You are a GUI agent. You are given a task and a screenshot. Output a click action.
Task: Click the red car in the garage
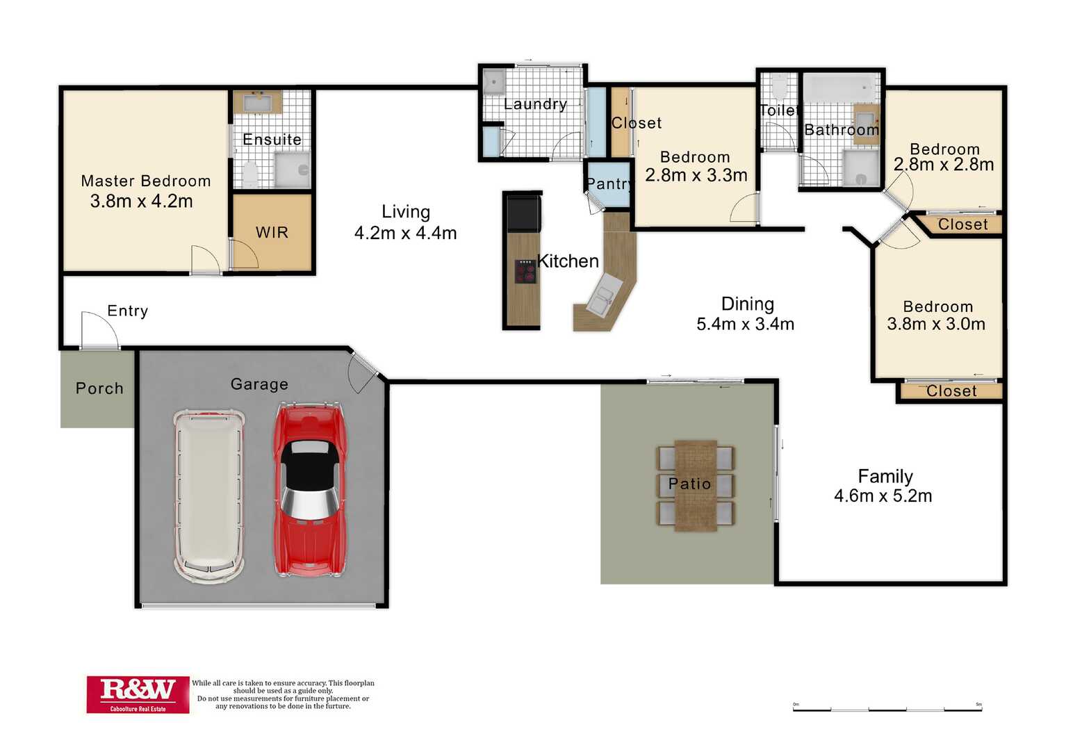(x=310, y=491)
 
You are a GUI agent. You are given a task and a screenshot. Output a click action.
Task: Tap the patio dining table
(x=696, y=486)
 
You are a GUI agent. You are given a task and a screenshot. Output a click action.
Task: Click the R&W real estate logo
(x=138, y=694)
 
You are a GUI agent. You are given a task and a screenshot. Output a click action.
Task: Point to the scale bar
(x=887, y=710)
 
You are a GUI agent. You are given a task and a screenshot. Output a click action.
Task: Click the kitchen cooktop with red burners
(x=526, y=271)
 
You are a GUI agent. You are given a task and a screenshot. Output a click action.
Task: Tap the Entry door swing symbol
(x=99, y=330)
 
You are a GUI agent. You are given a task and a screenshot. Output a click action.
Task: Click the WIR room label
(x=272, y=232)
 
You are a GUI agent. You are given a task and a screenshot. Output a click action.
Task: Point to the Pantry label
(x=609, y=183)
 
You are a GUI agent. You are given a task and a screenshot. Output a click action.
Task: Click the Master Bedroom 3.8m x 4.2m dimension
(x=141, y=202)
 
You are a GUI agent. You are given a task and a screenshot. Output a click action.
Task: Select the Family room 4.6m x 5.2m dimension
(x=883, y=496)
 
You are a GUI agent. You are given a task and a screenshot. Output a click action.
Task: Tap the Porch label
(x=99, y=388)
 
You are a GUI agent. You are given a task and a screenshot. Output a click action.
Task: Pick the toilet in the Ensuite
(x=250, y=174)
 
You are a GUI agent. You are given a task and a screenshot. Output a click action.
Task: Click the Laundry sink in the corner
(x=494, y=83)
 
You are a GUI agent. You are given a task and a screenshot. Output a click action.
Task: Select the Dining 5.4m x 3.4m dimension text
(x=745, y=324)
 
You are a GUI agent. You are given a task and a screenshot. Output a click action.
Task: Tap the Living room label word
(x=406, y=212)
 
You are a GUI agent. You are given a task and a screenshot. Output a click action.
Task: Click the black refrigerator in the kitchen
(x=524, y=213)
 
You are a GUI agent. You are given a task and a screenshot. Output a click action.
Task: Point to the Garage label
(x=259, y=384)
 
